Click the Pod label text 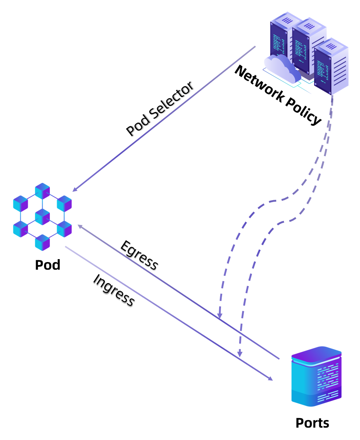[x=48, y=265]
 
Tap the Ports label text [x=312, y=423]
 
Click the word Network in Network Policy [x=259, y=83]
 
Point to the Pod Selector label [x=160, y=108]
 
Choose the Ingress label [x=114, y=290]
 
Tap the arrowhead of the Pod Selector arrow [x=75, y=190]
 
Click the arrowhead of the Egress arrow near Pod [x=80, y=226]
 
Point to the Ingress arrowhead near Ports [x=270, y=378]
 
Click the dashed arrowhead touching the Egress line [x=219, y=316]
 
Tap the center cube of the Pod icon [x=42, y=217]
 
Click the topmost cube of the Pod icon [x=42, y=191]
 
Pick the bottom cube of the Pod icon [x=42, y=242]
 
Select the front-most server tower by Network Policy [x=331, y=66]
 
